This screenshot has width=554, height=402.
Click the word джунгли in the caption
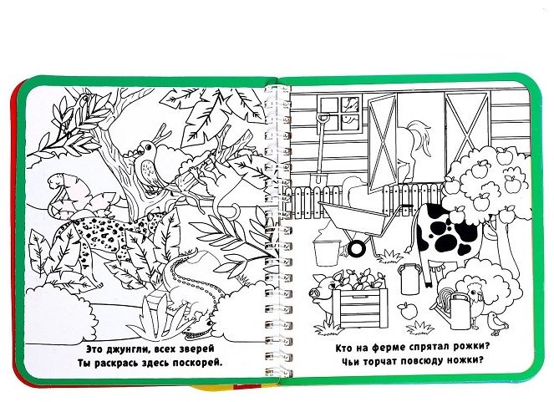121,349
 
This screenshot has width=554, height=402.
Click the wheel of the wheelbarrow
357,247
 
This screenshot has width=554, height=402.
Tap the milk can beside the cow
409,279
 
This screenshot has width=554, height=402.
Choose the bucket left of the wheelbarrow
327,252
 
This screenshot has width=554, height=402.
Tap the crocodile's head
197,328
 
